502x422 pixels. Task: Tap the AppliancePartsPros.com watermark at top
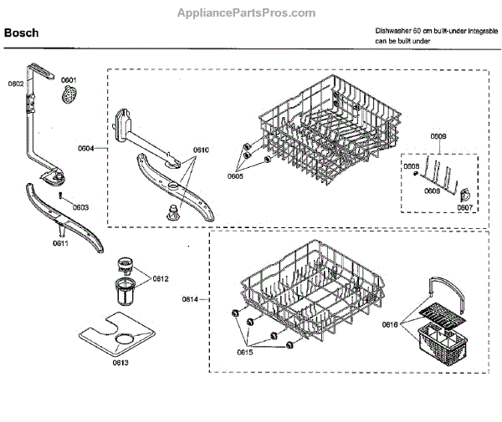(x=248, y=13)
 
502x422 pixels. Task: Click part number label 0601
(x=69, y=82)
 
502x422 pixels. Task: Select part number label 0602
(x=16, y=84)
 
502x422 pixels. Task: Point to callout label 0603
(x=80, y=207)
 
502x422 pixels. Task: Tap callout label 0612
(x=161, y=278)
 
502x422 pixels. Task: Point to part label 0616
(x=391, y=324)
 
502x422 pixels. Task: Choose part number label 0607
(x=465, y=207)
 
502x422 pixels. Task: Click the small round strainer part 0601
(x=69, y=98)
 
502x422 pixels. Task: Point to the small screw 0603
(x=62, y=195)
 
